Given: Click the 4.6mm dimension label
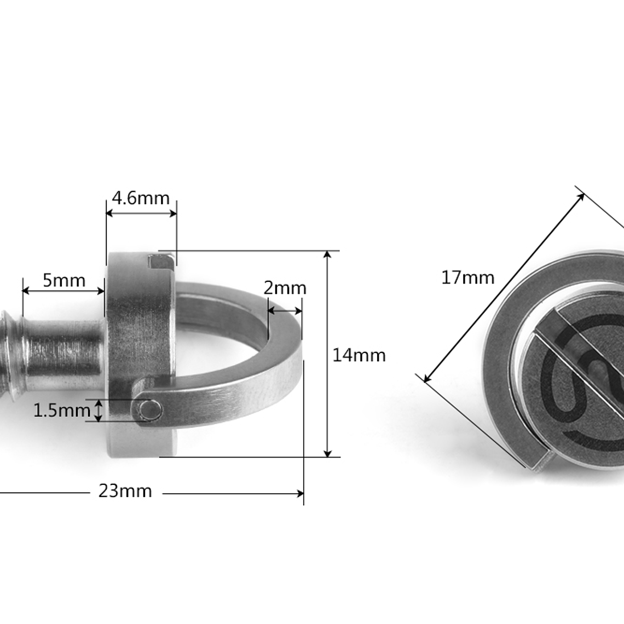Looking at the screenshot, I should [141, 198].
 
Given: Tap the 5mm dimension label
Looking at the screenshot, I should [64, 281].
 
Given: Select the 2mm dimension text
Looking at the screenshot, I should [285, 288].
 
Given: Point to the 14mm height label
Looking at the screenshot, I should [359, 356].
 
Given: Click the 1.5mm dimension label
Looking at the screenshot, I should [61, 410].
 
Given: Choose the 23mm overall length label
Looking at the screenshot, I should [125, 491].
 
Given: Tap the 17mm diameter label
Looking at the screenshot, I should [467, 278].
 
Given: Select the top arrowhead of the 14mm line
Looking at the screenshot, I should [327, 256].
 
